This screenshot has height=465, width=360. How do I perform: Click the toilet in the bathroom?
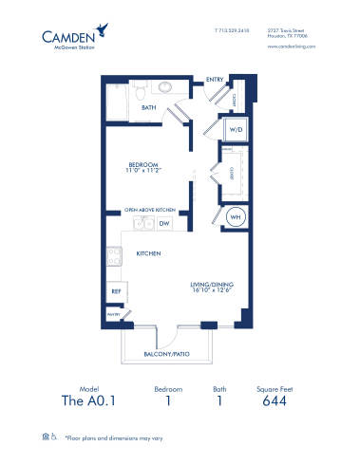pyautogui.click(x=140, y=90)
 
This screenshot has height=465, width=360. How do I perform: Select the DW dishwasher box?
pyautogui.click(x=163, y=224)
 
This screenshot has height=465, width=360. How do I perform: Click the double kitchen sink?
pyautogui.click(x=142, y=224)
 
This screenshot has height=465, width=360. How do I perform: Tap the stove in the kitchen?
pyautogui.click(x=113, y=255)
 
